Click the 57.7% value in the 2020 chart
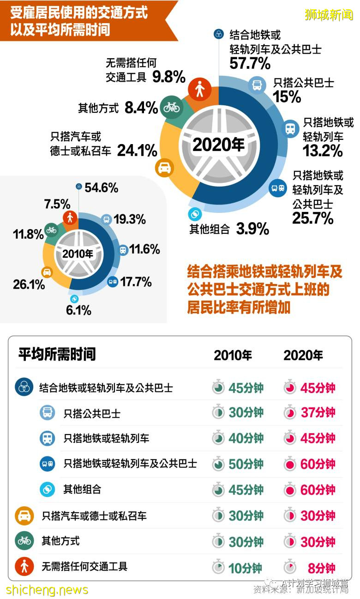pyautogui.click(x=250, y=63)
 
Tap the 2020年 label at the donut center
pyautogui.click(x=218, y=144)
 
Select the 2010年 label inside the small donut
pyautogui.click(x=78, y=254)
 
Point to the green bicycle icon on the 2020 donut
pyautogui.click(x=172, y=108)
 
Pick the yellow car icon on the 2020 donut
pyautogui.click(x=165, y=168)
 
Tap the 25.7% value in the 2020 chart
pyautogui.click(x=312, y=218)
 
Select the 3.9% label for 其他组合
pyautogui.click(x=252, y=229)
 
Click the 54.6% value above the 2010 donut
pyautogui.click(x=101, y=188)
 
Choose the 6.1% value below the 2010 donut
pyautogui.click(x=78, y=310)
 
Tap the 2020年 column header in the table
pyautogui.click(x=303, y=355)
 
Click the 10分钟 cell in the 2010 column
pyautogui.click(x=245, y=568)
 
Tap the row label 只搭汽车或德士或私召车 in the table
pyautogui.click(x=94, y=516)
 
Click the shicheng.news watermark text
pyautogui.click(x=47, y=590)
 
